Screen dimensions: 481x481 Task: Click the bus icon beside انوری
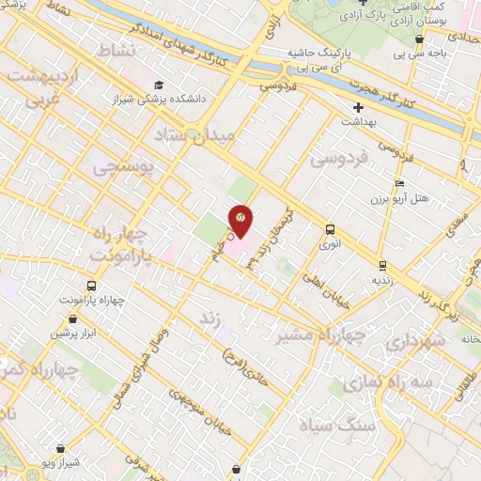(x=330, y=229)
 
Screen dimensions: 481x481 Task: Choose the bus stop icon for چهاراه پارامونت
(x=90, y=286)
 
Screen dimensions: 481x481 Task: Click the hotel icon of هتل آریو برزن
(x=400, y=184)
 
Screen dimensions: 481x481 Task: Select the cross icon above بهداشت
(x=356, y=108)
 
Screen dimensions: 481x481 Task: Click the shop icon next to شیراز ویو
(x=61, y=424)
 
